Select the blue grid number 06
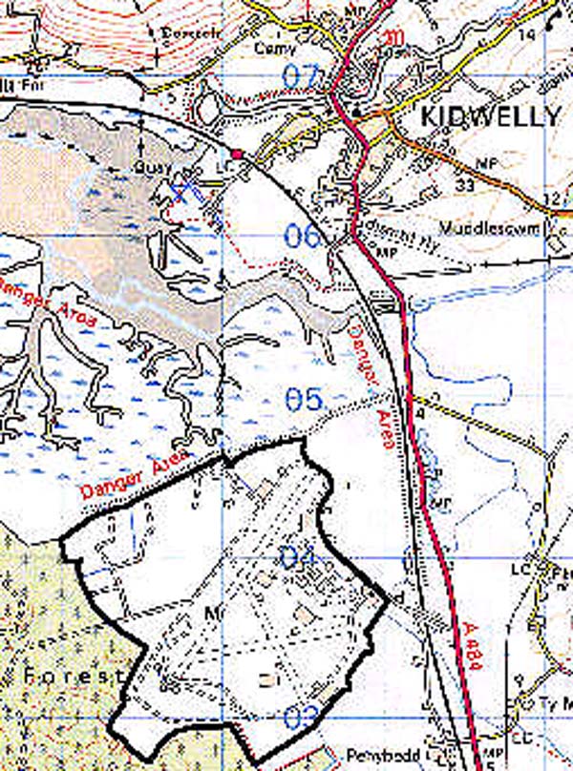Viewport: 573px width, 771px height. pyautogui.click(x=304, y=236)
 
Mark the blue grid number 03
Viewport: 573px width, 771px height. pyautogui.click(x=299, y=716)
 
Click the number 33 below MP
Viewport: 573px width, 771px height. pyautogui.click(x=465, y=183)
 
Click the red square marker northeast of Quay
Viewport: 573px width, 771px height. pyautogui.click(x=236, y=153)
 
